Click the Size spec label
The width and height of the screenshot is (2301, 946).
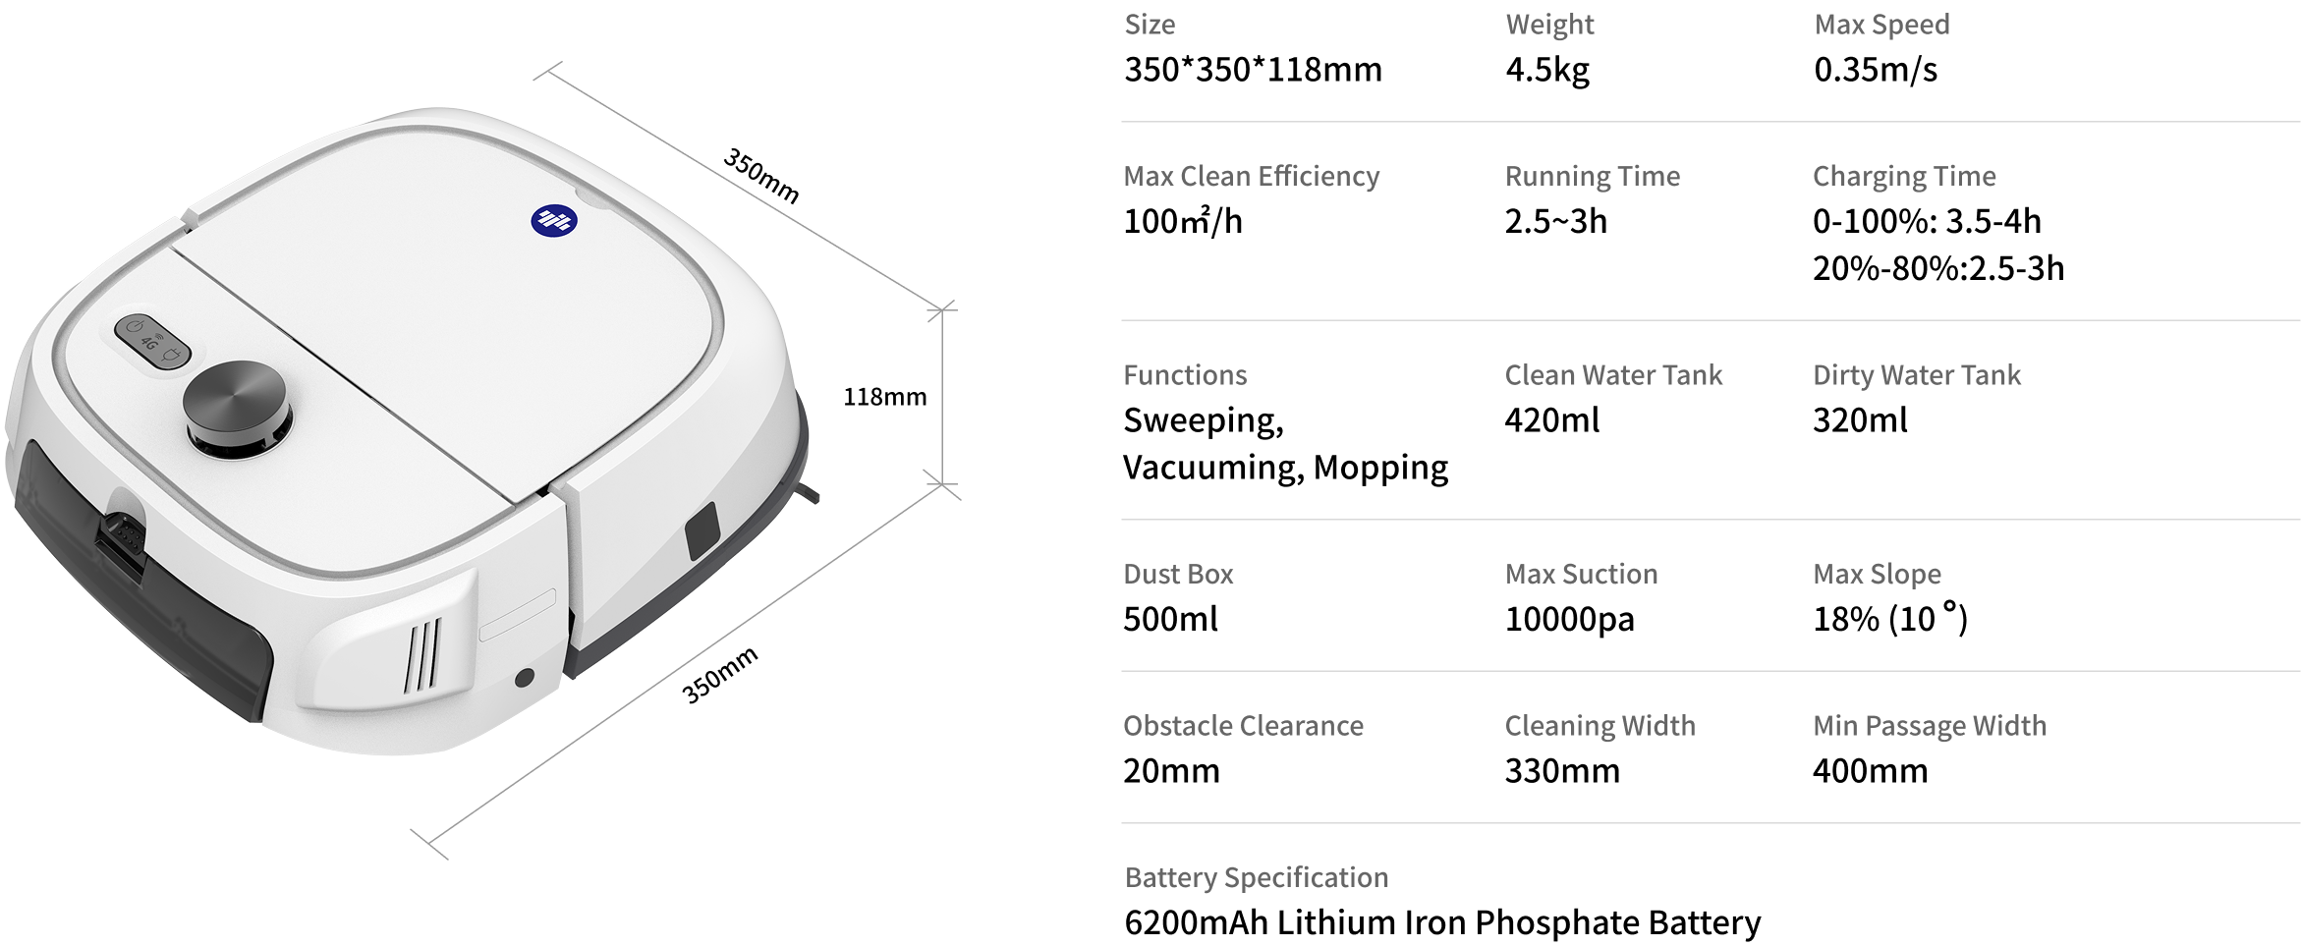pos(1149,25)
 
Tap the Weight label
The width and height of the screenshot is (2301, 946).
pos(1549,25)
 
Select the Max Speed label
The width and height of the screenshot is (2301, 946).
pos(1881,25)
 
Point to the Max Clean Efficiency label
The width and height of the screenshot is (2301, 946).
pos(1251,176)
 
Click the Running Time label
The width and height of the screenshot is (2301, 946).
pos(1592,176)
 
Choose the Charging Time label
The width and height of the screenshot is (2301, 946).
pos(1903,176)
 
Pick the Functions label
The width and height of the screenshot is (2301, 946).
pos(1184,374)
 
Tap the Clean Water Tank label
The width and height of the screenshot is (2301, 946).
pos(1613,374)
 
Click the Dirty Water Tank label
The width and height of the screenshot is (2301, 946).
pos(1916,374)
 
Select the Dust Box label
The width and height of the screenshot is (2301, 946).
pos(1178,574)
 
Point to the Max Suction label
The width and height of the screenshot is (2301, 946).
pos(1581,574)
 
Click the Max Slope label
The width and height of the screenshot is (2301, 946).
pos(1877,574)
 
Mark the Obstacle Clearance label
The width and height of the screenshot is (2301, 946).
pos(1243,725)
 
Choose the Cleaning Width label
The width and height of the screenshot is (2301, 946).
pos(1599,725)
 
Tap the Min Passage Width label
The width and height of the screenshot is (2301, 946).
pos(1930,725)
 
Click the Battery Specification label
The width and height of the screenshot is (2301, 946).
pos(1256,877)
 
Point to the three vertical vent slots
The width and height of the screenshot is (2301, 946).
pos(423,653)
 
